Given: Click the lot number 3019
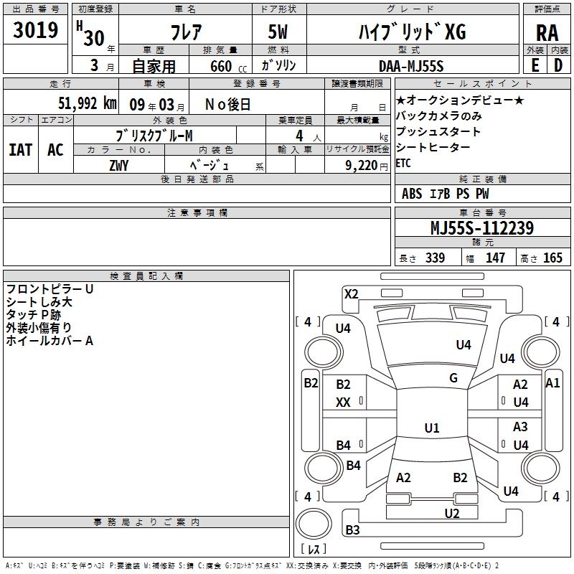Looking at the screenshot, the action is coord(36,30).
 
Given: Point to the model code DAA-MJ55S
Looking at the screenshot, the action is coord(411,66).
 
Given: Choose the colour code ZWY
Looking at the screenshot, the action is coord(118,164).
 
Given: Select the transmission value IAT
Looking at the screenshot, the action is coord(20,149).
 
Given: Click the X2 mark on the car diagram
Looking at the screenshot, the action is coord(351,293).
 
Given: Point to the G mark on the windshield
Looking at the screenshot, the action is coord(453,378).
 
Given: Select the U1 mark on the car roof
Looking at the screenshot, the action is coord(431,428).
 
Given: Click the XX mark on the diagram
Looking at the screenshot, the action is coord(343,403).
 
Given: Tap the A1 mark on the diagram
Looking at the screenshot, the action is coord(552,383).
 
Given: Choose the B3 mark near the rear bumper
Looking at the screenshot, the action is coord(352,530).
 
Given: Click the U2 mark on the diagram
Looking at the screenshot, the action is coord(451,513).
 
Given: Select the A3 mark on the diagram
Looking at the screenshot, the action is coord(520,427).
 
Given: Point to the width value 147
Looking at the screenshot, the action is coord(495,258).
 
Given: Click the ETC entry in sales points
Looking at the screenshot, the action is coord(405,163).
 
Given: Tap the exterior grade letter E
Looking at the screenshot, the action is coord(535,65).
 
